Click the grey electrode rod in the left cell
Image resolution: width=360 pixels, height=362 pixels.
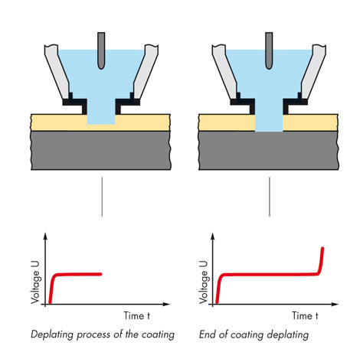[101, 51]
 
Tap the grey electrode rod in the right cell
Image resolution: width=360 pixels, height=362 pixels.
[269, 51]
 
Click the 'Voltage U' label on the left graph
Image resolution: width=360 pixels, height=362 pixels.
[35, 282]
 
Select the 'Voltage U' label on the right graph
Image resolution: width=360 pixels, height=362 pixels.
[204, 282]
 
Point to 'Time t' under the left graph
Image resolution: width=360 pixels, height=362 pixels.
[137, 316]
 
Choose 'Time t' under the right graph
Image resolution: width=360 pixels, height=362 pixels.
[305, 316]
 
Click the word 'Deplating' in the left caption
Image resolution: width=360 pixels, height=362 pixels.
[52, 334]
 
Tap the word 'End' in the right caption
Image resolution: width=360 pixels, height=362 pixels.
[208, 334]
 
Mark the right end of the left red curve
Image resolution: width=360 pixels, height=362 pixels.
[101, 274]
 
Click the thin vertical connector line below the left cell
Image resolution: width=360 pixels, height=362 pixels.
[102, 197]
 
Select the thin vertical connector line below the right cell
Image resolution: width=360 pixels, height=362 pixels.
[270, 197]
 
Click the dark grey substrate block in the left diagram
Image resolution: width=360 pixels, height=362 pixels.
[101, 151]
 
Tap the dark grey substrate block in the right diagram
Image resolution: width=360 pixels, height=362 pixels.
[269, 151]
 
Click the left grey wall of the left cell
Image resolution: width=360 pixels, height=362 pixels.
[57, 71]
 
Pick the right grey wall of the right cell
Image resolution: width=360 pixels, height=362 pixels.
[313, 71]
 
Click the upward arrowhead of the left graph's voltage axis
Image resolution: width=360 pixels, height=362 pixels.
[45, 236]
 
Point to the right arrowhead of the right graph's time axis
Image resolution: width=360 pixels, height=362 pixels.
[335, 304]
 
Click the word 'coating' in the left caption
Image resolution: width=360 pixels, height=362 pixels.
[158, 334]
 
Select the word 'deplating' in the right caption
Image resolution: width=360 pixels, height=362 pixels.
[287, 334]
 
